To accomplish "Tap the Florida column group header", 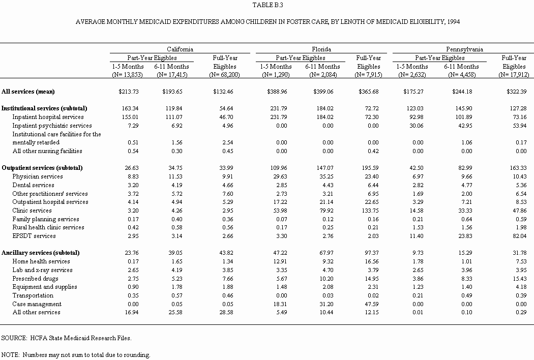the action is [x=321, y=49].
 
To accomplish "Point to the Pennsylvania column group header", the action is [x=464, y=49].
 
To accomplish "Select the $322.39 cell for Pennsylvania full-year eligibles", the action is [x=514, y=92].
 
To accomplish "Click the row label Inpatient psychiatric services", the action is [x=52, y=126].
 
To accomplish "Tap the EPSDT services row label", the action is [x=34, y=236].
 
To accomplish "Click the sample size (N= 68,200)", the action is [x=224, y=75].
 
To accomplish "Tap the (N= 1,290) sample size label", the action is [x=276, y=75].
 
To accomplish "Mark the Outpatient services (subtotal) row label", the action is [x=42, y=168].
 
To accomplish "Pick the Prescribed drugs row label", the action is [x=36, y=279].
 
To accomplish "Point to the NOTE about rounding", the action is [x=76, y=355].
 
